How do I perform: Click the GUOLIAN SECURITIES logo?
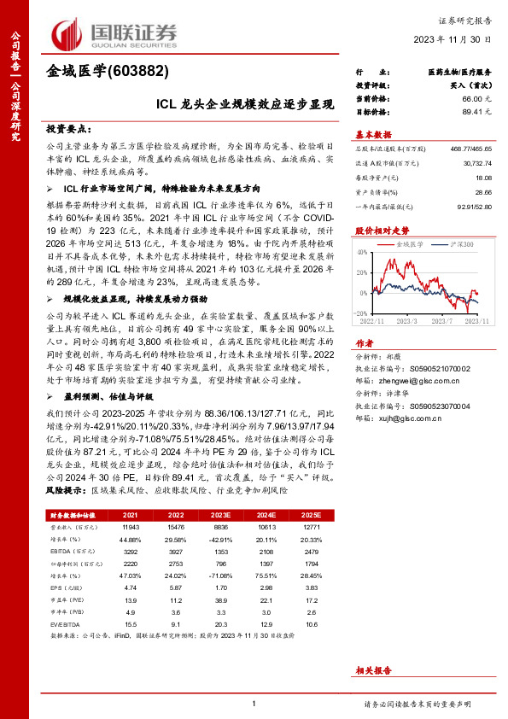[108, 34]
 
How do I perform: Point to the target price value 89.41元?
[476, 111]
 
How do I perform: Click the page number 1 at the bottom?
[254, 703]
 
